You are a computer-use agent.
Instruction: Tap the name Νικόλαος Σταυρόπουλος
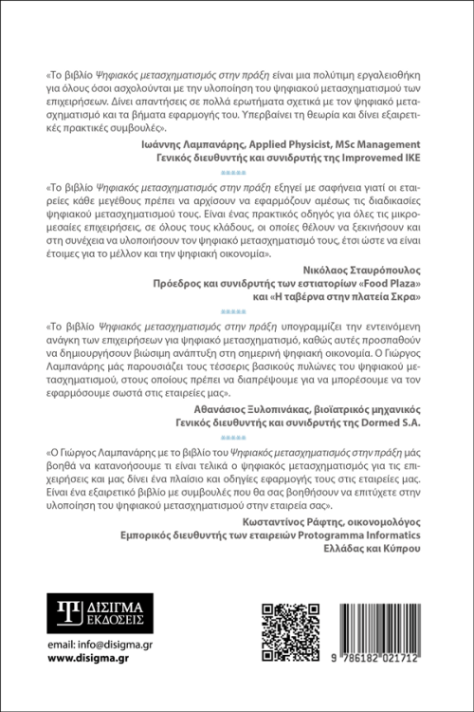(x=365, y=269)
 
